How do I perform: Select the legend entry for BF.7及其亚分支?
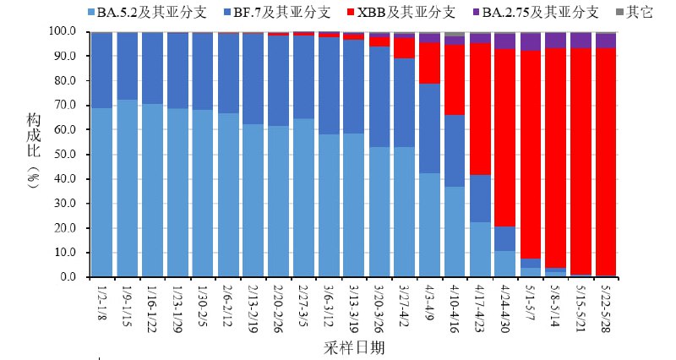(x=272, y=13)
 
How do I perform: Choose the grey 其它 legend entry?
(x=638, y=13)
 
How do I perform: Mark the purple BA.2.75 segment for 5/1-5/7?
(x=531, y=41)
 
